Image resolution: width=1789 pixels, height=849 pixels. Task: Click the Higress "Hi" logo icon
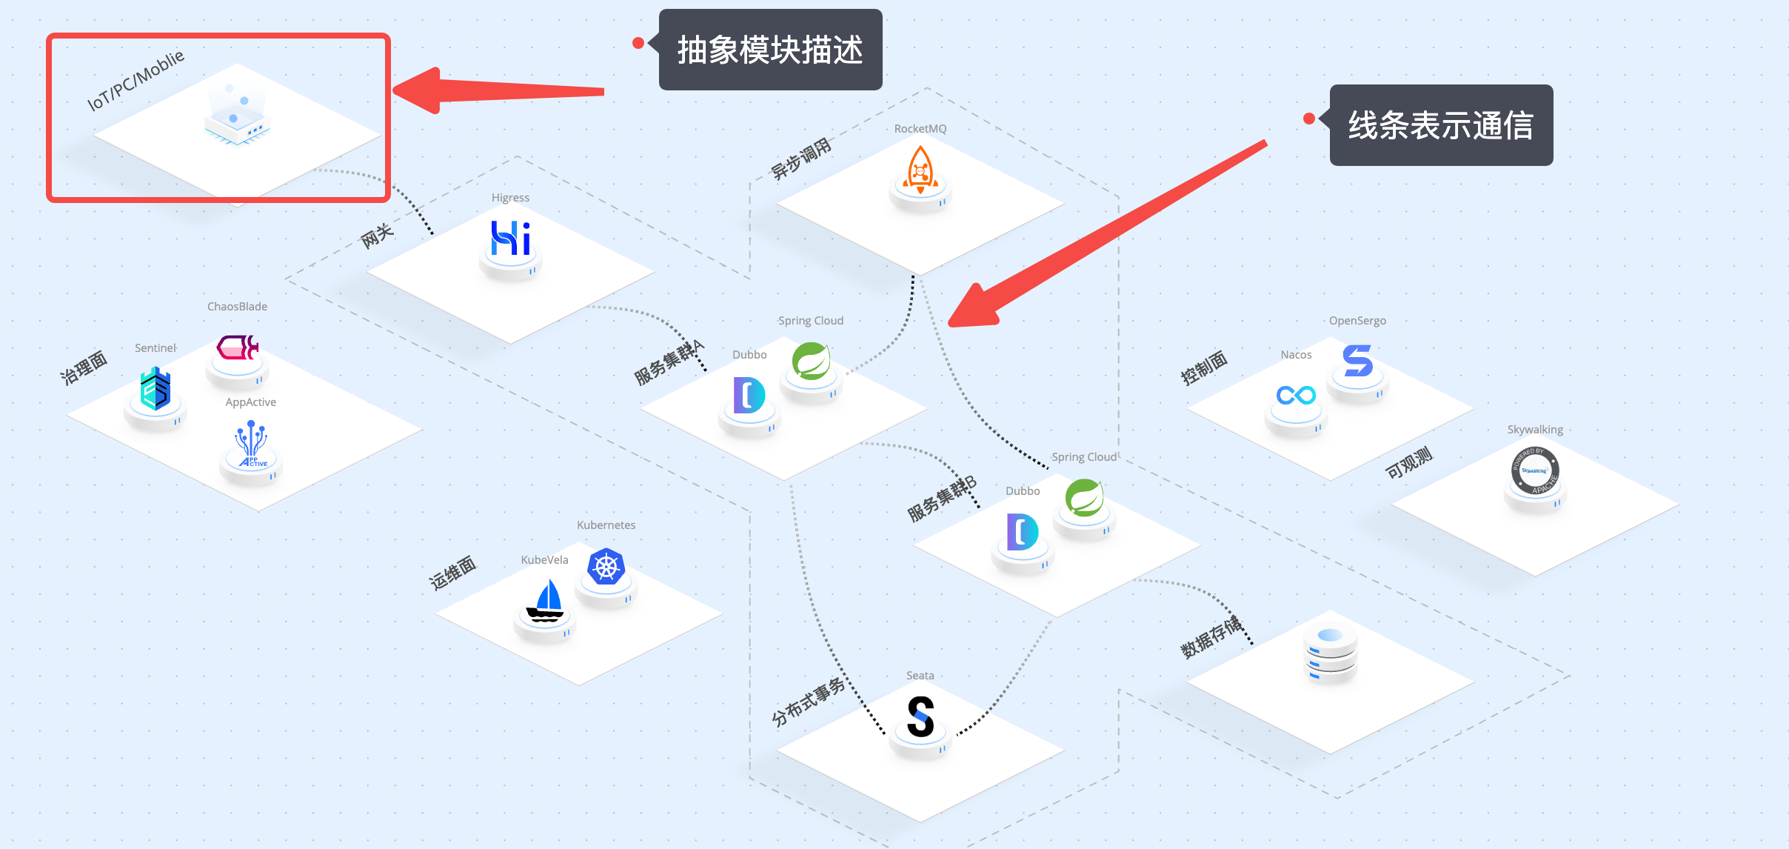511,239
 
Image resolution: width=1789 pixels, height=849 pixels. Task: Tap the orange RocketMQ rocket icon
920,170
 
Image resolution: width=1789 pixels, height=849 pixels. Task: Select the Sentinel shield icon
156,389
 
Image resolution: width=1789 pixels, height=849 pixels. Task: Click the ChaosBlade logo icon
237,347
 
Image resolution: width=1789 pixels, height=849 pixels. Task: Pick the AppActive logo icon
252,444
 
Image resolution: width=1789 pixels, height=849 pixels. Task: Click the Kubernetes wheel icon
606,567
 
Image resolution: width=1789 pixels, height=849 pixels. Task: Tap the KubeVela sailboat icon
546,601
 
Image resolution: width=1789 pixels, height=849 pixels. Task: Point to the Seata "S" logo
920,716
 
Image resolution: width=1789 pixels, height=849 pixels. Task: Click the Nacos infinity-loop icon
1296,395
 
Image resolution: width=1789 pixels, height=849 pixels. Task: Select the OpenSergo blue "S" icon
1358,361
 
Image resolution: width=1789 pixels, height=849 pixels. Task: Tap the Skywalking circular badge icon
1535,470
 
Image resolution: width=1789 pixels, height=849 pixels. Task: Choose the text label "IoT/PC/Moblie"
136,81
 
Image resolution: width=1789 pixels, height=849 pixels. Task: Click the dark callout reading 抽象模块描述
770,50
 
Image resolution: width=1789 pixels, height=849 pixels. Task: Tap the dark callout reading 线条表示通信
1441,125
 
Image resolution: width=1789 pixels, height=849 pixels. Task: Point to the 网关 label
377,236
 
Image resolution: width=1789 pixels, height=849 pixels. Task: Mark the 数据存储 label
1211,637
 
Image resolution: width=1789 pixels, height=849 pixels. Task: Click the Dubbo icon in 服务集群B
1022,532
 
